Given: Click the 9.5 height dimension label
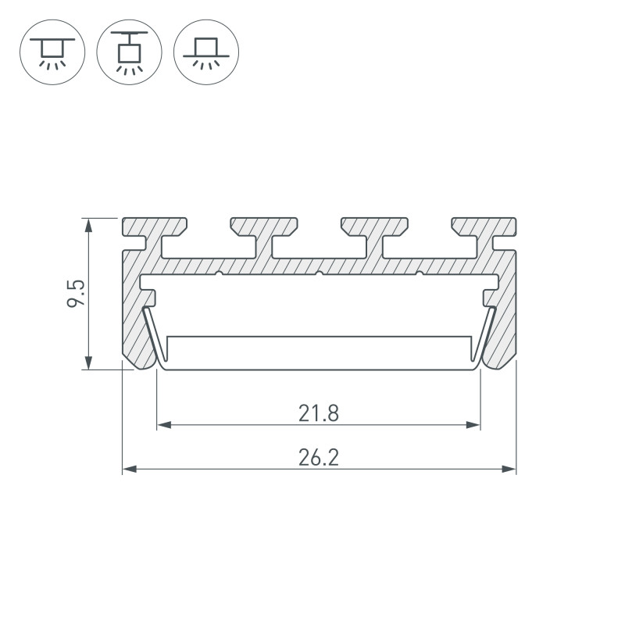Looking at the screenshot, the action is (x=76, y=293).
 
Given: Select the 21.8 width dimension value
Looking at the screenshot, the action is (x=319, y=413).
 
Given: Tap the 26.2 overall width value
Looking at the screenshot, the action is (x=319, y=458).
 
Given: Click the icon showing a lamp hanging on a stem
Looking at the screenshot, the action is (x=129, y=52).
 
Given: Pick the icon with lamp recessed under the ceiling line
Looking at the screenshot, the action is (x=52, y=52).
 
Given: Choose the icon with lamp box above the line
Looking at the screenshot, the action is (x=206, y=52).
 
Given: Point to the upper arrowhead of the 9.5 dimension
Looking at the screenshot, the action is (x=88, y=225).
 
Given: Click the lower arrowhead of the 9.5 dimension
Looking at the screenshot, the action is (x=88, y=362).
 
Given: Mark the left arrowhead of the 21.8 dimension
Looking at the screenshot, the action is (x=164, y=425).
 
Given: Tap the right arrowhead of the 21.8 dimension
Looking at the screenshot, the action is (x=473, y=425).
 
